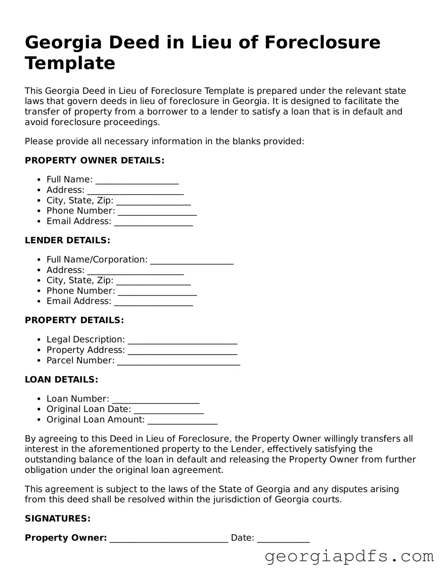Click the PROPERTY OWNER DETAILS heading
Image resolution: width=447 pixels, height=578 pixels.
(x=94, y=161)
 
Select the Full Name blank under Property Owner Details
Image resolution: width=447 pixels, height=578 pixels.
(x=137, y=180)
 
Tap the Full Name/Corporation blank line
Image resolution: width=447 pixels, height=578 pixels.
(x=192, y=260)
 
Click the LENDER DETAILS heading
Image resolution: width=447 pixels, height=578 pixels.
(x=68, y=240)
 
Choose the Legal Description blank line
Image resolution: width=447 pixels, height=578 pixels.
(x=182, y=340)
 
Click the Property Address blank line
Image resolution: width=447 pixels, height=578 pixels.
(x=182, y=351)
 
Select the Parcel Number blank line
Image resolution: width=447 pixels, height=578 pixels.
(x=179, y=361)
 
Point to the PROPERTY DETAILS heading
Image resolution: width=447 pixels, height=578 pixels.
(x=74, y=320)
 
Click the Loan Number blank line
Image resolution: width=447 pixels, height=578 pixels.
(x=156, y=399)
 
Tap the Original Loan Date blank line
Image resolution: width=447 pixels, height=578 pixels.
(x=169, y=410)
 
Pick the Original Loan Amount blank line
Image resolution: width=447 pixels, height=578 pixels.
(x=182, y=420)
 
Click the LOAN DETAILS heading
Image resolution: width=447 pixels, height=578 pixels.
(x=62, y=379)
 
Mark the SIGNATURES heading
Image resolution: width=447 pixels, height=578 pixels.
(x=58, y=518)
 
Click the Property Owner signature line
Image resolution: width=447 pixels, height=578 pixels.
(x=169, y=539)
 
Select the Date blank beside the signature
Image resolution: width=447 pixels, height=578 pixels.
(x=284, y=539)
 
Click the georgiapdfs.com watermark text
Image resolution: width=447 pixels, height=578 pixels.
(x=349, y=556)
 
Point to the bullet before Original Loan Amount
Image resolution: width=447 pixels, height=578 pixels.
(x=40, y=420)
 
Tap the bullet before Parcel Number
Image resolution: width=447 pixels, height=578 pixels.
(x=40, y=361)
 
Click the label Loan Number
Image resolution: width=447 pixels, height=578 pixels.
(x=78, y=399)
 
